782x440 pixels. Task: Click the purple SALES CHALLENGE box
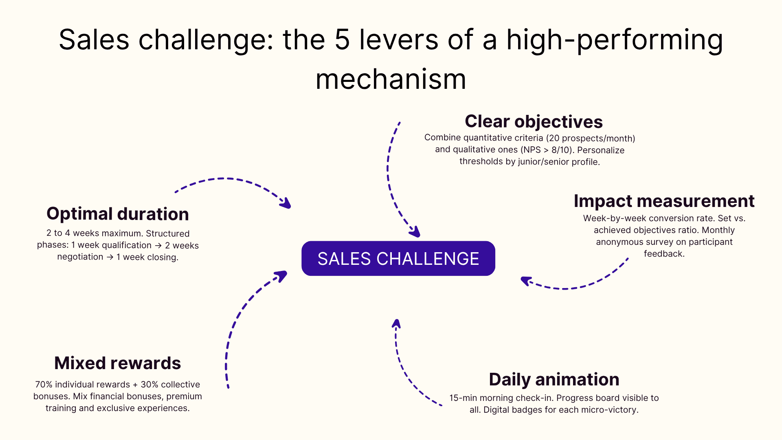click(398, 258)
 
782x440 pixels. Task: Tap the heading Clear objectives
click(534, 121)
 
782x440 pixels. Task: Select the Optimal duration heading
click(118, 214)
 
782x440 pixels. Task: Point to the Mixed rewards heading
click(118, 363)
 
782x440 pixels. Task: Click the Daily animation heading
click(554, 379)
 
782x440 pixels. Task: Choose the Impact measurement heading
click(664, 201)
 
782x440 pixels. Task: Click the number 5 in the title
click(342, 40)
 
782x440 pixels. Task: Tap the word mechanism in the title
click(391, 79)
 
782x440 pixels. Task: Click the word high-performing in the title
click(614, 40)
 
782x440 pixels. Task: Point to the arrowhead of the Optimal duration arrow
click(286, 203)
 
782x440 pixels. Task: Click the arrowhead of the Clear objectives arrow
click(415, 232)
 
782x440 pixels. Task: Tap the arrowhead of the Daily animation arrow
click(396, 324)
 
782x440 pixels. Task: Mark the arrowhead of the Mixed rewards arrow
click(282, 276)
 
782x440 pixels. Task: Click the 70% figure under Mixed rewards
click(44, 385)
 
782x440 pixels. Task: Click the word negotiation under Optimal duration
click(80, 257)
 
